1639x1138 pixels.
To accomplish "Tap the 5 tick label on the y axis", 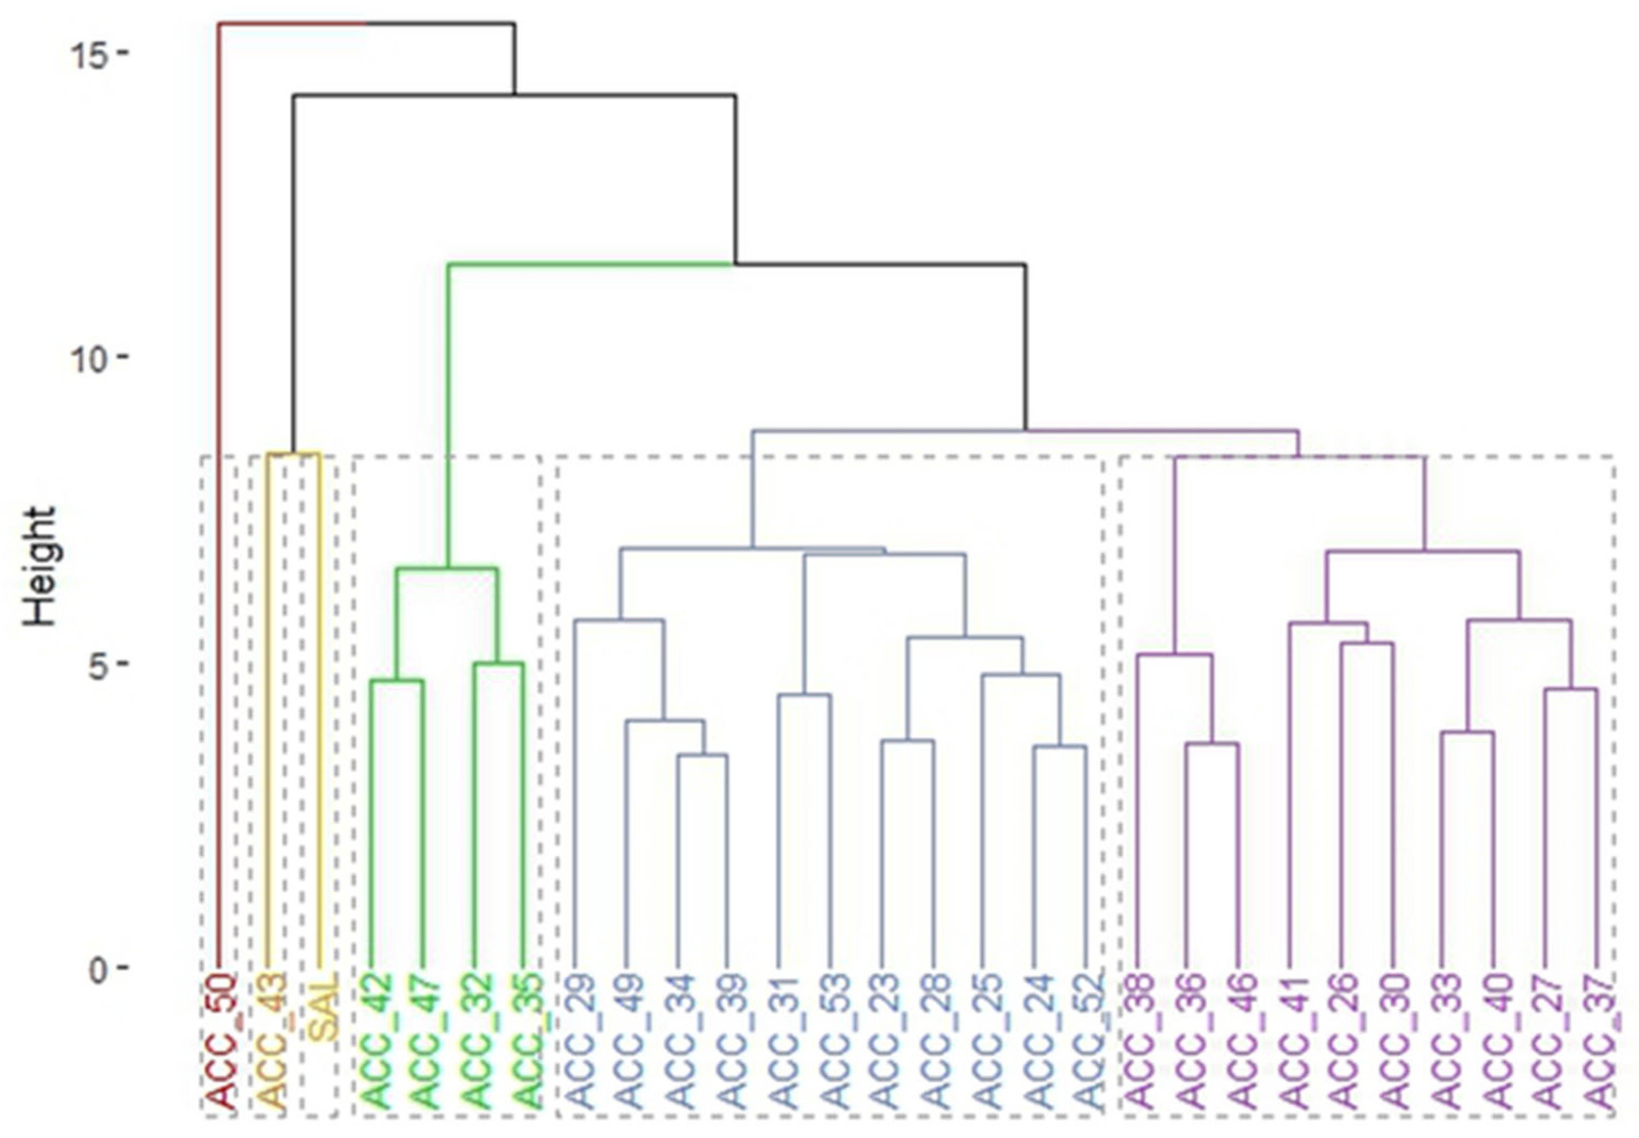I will coord(103,663).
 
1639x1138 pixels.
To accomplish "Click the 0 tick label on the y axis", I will coord(103,969).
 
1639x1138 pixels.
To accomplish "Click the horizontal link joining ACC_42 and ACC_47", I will coord(397,681).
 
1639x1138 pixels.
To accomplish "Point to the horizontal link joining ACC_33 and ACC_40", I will coord(1467,732).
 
